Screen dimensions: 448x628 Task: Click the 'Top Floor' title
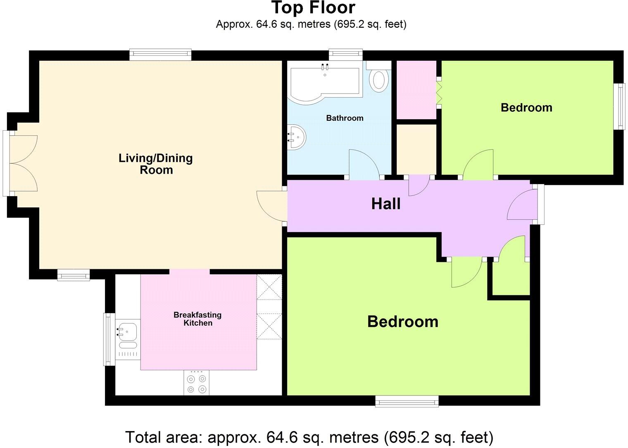point(313,8)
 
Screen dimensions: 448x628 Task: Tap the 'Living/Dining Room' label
point(156,164)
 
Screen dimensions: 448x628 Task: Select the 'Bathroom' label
point(345,118)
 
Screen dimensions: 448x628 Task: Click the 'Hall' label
point(385,204)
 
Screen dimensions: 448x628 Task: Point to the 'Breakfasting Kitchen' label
point(197,319)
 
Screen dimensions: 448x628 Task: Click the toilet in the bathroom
point(378,80)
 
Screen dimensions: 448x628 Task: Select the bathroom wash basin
point(296,137)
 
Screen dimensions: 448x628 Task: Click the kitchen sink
point(128,331)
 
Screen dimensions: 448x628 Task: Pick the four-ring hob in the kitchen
point(196,383)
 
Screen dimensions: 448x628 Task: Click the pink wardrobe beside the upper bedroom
point(416,90)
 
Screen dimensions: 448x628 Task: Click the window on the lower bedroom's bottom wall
point(407,401)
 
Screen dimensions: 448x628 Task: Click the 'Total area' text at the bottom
point(309,437)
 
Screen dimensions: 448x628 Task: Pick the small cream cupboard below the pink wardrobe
point(416,149)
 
